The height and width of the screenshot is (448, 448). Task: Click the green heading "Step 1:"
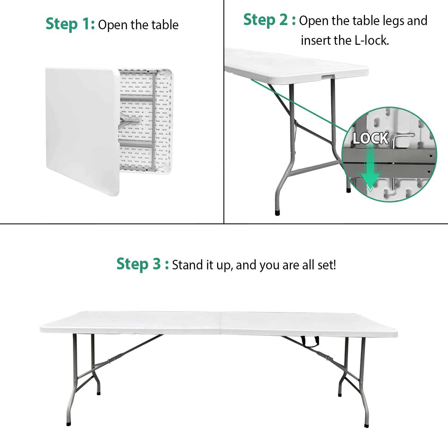(x=70, y=24)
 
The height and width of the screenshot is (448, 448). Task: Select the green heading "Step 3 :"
(x=142, y=264)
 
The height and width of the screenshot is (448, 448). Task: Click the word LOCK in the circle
(x=370, y=139)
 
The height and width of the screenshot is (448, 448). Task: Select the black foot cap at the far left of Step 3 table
(x=69, y=423)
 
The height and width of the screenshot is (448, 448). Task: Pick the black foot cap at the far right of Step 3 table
(x=366, y=425)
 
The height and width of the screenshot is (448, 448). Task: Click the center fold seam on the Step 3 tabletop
(x=220, y=323)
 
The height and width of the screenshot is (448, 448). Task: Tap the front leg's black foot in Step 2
(x=277, y=213)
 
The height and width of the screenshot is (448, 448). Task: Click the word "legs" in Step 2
(x=393, y=21)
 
